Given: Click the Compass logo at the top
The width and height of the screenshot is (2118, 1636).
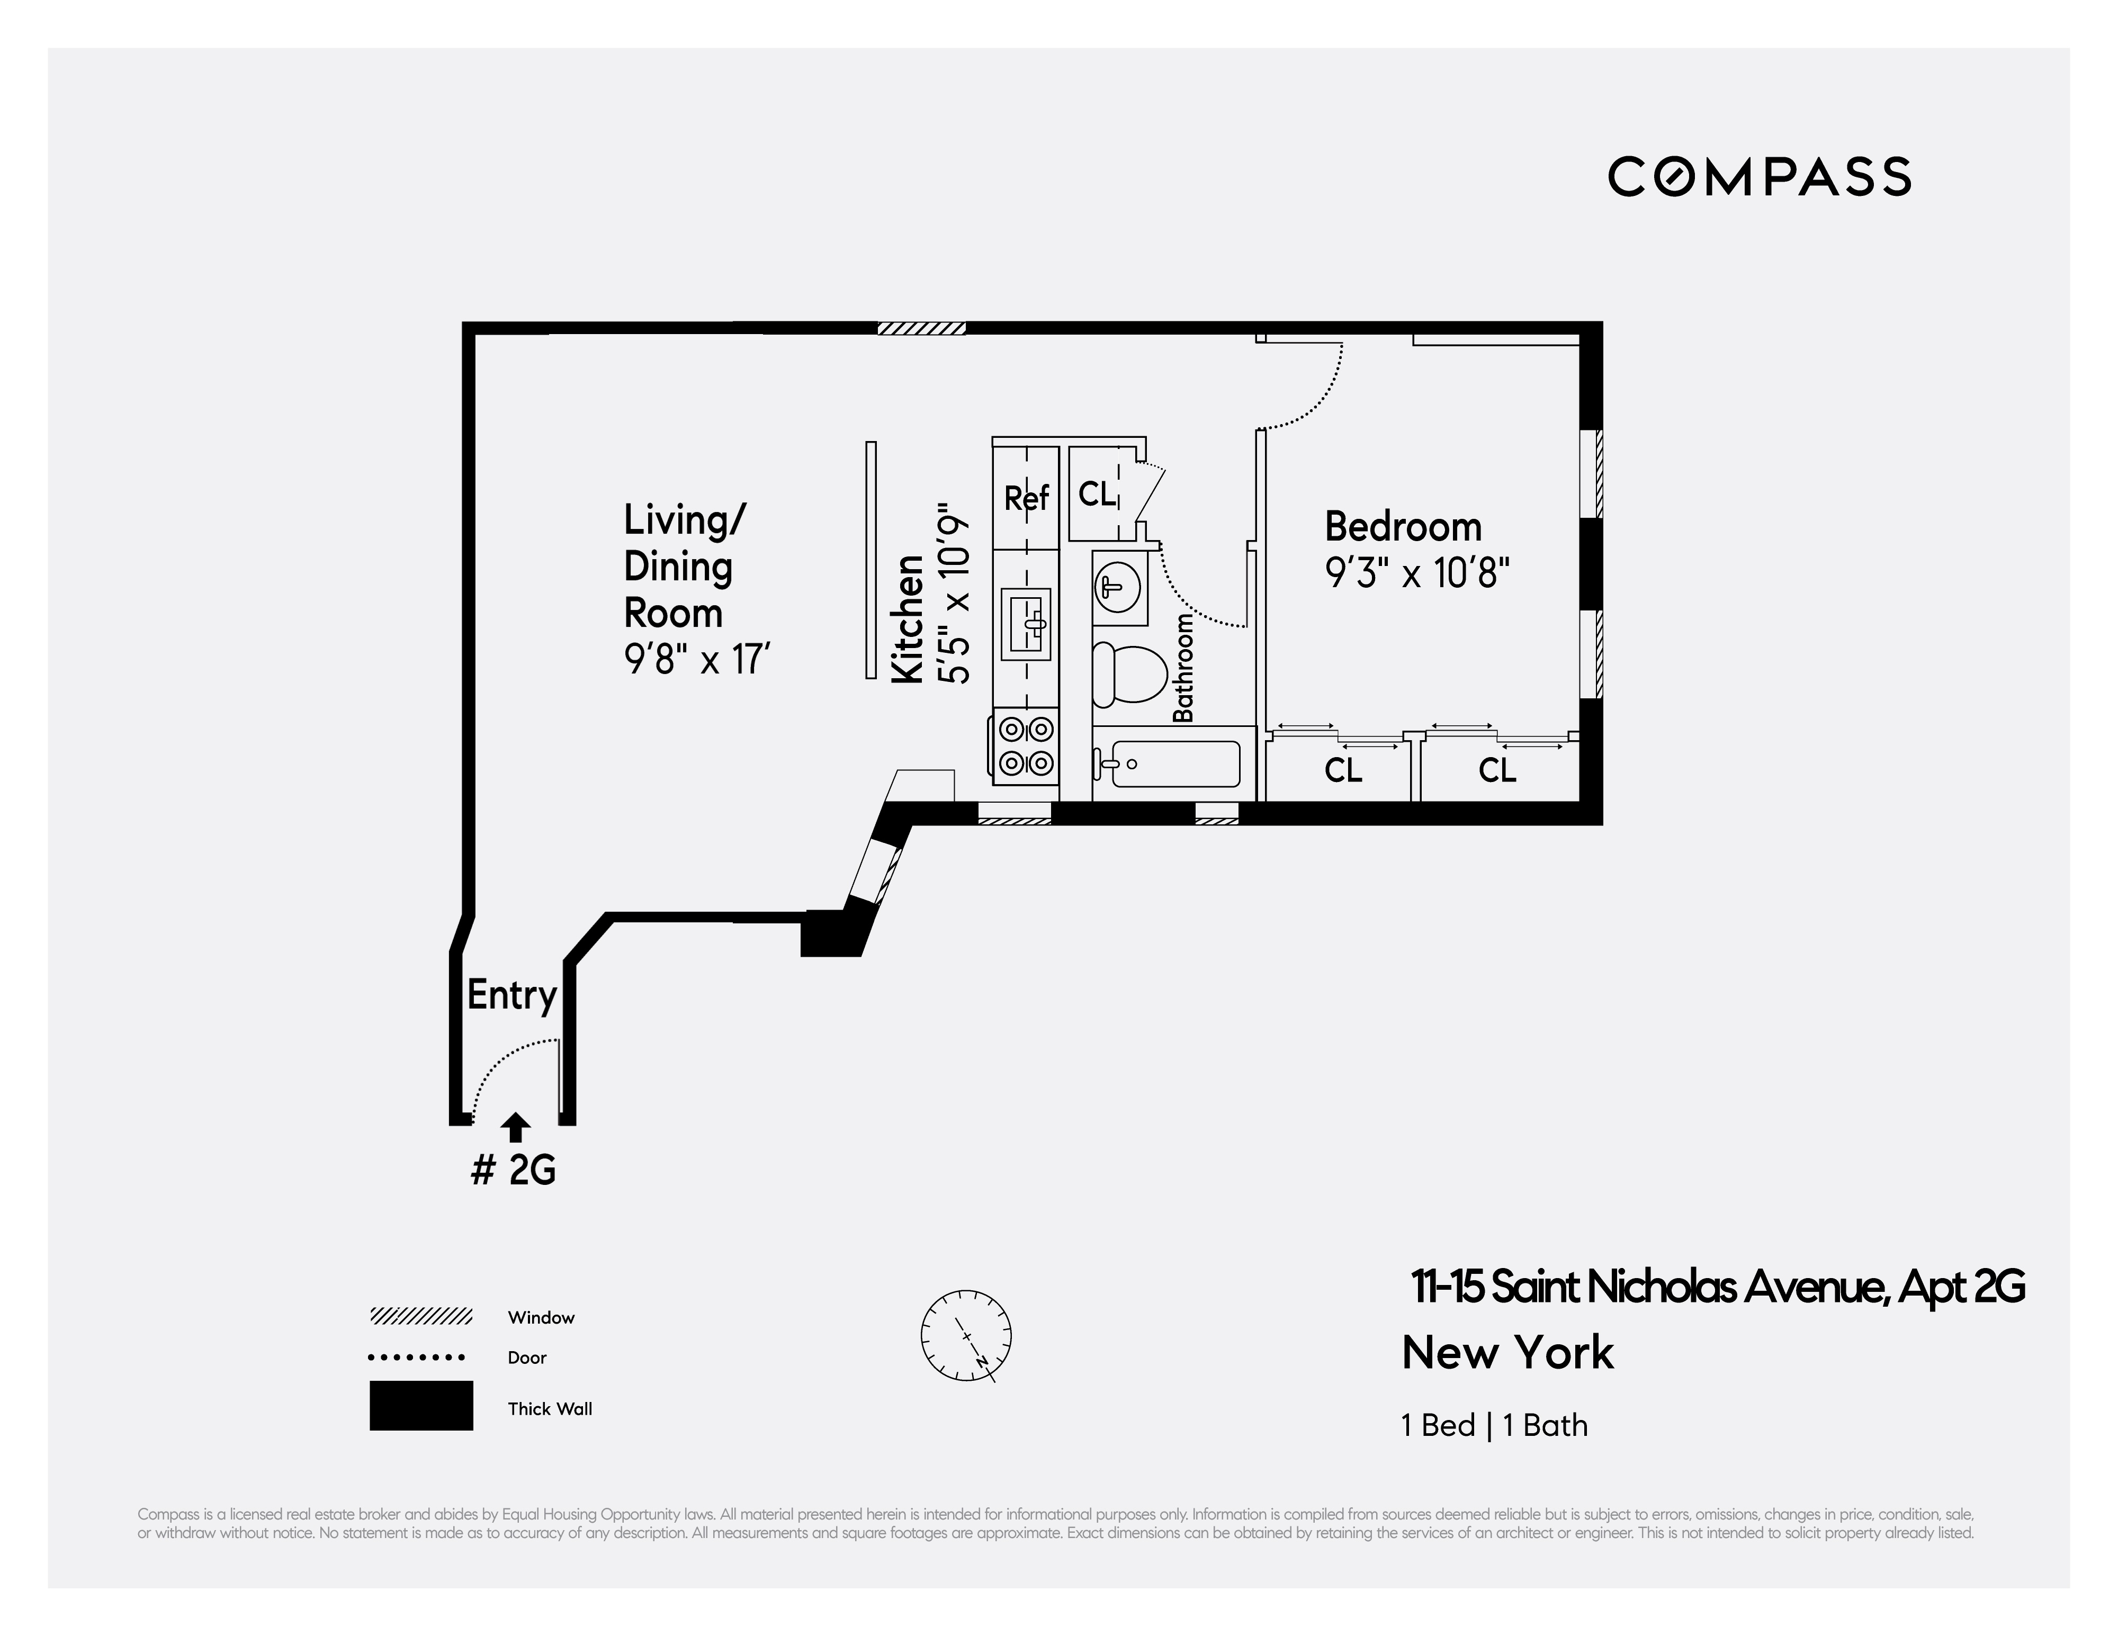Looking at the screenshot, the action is click(x=1759, y=176).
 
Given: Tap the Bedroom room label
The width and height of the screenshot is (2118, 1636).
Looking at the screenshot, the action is click(x=1403, y=527).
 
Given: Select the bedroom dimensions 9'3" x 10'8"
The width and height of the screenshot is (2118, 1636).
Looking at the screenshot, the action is click(x=1417, y=573).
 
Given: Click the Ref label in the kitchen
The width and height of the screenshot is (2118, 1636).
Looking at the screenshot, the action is click(x=1026, y=498).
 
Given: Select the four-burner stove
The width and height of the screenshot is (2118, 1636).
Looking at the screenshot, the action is click(x=1024, y=746).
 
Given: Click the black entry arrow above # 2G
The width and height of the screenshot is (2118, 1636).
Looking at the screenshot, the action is click(x=516, y=1127).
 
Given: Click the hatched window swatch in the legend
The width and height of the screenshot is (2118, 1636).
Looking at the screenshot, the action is click(x=421, y=1316).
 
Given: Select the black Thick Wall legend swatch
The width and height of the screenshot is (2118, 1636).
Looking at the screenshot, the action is click(x=421, y=1405).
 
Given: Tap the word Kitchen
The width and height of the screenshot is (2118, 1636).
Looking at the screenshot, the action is click(x=908, y=619).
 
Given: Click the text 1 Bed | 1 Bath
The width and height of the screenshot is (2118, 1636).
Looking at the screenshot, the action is click(x=1494, y=1426).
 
